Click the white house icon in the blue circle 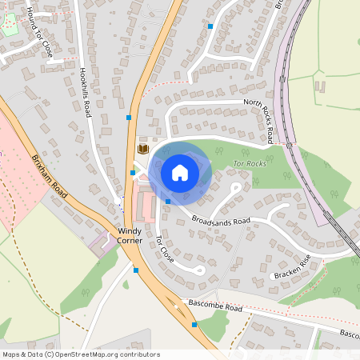(179, 173)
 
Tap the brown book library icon (143, 149)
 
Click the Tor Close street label (164, 250)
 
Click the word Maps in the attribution (11, 354)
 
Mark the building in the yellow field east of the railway (322, 86)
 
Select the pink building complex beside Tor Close (145, 206)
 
